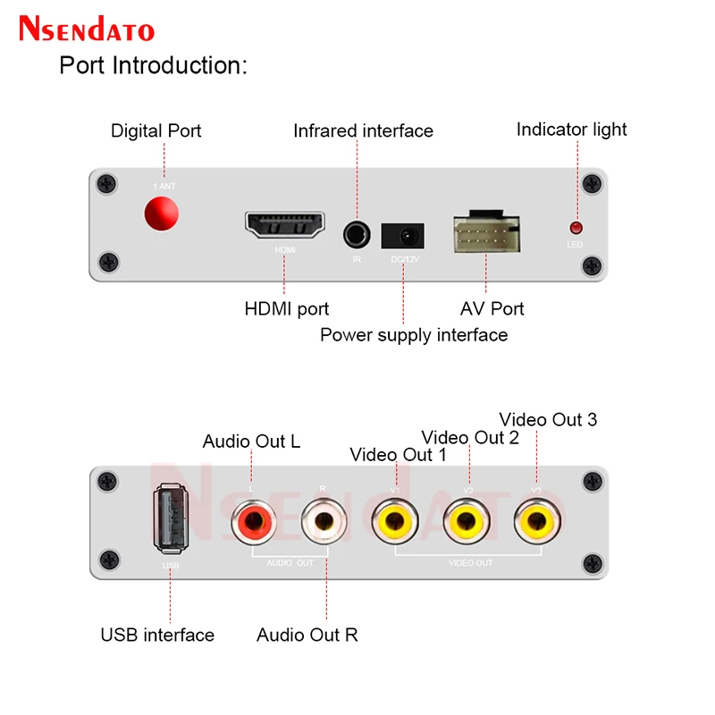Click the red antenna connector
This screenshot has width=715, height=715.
click(161, 214)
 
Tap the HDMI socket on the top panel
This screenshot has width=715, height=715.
click(285, 225)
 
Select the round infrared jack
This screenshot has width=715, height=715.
click(357, 235)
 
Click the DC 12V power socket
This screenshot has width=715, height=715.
click(403, 236)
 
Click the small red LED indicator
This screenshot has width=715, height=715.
click(576, 228)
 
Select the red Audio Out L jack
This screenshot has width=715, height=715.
click(251, 520)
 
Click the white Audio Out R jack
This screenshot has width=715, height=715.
click(323, 520)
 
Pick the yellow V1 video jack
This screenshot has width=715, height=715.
click(395, 520)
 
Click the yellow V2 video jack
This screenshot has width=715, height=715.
click(467, 520)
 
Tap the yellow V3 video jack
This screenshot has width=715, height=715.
click(536, 520)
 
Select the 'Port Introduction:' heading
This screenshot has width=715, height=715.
click(153, 65)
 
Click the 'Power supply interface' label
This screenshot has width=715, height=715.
click(414, 335)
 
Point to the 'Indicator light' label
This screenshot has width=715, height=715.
click(572, 130)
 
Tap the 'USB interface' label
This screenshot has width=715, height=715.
click(157, 635)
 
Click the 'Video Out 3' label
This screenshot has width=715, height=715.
click(548, 419)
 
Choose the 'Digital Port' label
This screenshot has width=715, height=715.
click(156, 130)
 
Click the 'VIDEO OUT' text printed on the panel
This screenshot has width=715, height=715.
click(470, 563)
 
